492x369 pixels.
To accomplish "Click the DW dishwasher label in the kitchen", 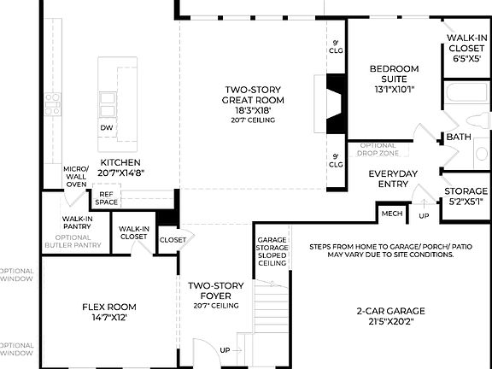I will (x=106, y=127).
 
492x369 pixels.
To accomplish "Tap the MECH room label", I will (x=391, y=214).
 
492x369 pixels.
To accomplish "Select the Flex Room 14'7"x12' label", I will (x=108, y=312).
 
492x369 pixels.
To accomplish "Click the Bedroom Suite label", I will (x=394, y=79).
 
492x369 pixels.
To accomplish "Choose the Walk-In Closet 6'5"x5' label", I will (x=466, y=49).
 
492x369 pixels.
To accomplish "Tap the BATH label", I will (x=459, y=137).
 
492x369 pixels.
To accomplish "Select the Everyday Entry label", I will (x=393, y=179).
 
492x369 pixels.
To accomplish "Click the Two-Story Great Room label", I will (x=254, y=100).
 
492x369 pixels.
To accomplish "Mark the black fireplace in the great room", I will (x=335, y=103).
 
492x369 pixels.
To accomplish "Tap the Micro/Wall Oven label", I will (x=76, y=176).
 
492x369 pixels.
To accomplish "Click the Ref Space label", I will (x=106, y=198).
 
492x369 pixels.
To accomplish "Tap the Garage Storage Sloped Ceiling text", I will (x=272, y=252).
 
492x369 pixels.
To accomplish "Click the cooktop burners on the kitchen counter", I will (x=53, y=104).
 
